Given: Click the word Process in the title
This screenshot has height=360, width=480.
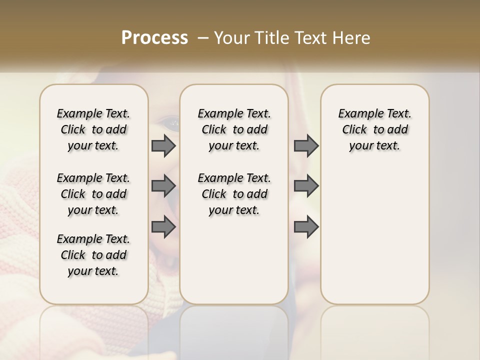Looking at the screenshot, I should [154, 38].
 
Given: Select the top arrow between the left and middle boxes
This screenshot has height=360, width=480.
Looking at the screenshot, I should [163, 146].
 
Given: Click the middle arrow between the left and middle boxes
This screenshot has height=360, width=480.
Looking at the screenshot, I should [163, 186].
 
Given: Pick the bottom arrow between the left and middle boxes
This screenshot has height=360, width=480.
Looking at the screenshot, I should [163, 227].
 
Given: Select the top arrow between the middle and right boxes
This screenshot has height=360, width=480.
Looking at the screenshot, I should [306, 146].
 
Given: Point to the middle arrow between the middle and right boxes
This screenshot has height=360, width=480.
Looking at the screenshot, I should [306, 186].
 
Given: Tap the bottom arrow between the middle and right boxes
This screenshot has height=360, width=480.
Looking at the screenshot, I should [306, 227].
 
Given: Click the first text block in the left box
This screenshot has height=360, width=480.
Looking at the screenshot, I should [93, 129].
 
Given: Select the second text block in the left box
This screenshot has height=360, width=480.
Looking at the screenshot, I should [93, 194].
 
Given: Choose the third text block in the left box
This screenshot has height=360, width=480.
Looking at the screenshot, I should [93, 255].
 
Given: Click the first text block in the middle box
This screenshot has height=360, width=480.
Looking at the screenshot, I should [234, 129].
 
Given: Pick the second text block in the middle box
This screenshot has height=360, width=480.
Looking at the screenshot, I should [234, 194].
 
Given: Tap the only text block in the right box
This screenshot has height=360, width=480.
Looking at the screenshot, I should [374, 129].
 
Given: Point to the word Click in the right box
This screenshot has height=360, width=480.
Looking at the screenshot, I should [354, 130].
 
